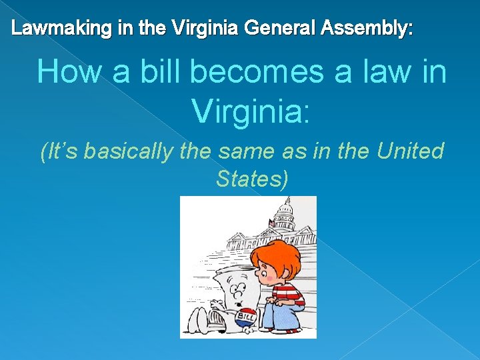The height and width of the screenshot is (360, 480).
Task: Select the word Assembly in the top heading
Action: [366, 29]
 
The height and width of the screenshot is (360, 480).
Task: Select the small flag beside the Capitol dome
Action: [271, 222]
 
